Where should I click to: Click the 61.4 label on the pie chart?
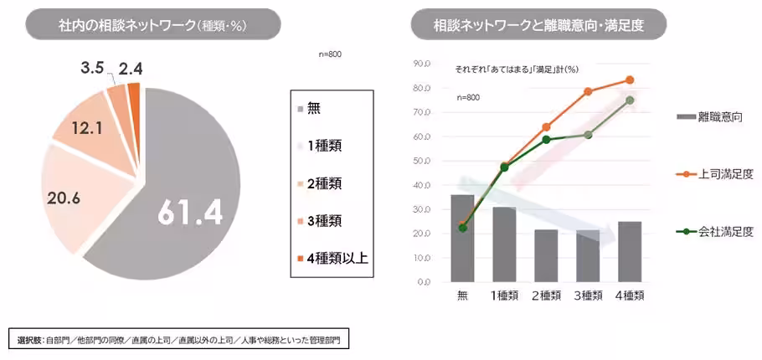(x=189, y=214)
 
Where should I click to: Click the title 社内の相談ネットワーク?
(x=141, y=24)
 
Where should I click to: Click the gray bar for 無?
(x=461, y=239)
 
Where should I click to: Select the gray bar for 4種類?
(x=629, y=251)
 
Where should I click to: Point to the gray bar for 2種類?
(x=546, y=255)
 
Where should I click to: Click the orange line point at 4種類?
(x=629, y=80)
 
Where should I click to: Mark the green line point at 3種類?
(x=588, y=135)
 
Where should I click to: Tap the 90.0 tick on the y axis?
(x=421, y=64)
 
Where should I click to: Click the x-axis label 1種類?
(x=503, y=295)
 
